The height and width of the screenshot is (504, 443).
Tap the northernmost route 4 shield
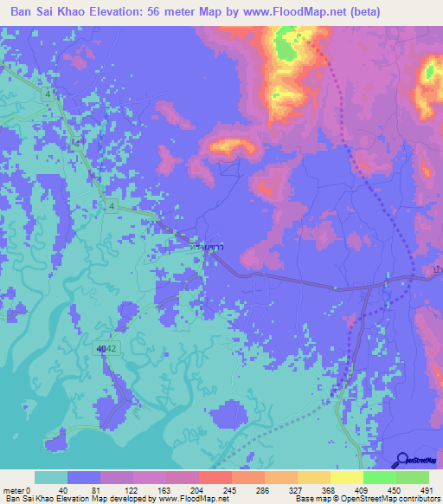(x=53, y=91)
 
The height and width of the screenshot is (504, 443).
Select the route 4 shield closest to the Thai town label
(x=112, y=205)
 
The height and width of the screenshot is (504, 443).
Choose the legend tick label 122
(x=132, y=489)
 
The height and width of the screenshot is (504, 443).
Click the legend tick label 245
(x=230, y=489)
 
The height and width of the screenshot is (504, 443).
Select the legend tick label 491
(x=426, y=489)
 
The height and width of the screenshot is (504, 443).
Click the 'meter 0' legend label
(x=17, y=489)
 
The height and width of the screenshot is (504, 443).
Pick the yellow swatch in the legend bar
(x=346, y=477)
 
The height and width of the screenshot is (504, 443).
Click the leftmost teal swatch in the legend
(x=51, y=477)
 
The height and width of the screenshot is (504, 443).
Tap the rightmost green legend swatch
(x=412, y=477)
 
